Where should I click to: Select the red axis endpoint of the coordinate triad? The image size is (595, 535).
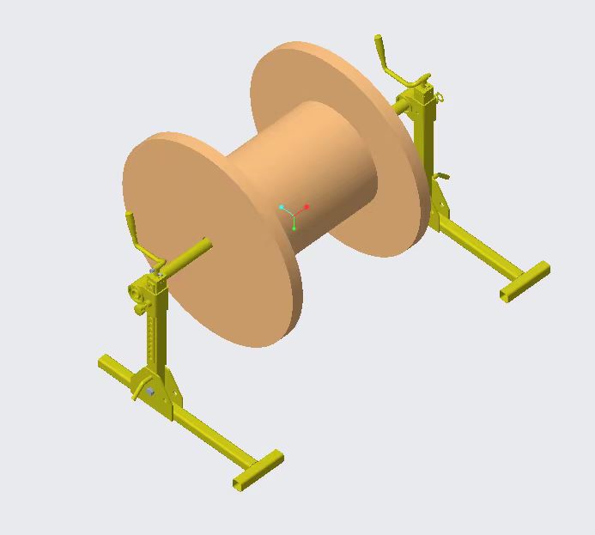307,207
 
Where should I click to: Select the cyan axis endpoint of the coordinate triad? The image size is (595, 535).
281,207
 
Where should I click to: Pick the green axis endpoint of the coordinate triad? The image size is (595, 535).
294,228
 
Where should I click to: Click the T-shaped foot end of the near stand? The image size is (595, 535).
258,470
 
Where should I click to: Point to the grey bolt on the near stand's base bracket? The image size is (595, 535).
151,392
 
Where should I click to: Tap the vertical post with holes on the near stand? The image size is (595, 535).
154,335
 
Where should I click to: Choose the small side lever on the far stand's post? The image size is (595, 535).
441,177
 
